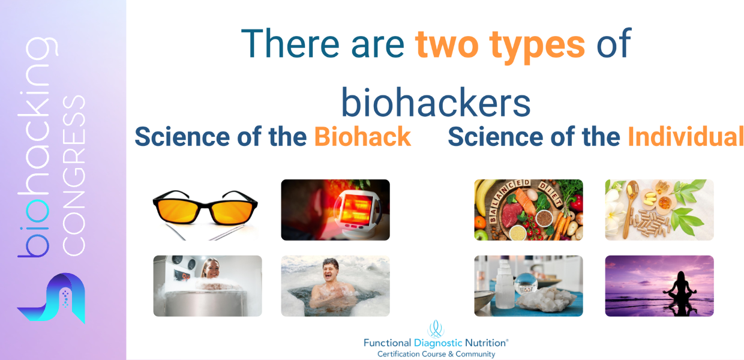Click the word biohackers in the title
[436, 102]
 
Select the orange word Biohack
[362, 137]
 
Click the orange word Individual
[686, 137]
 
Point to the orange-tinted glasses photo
[205, 211]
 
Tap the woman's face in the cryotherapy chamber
[211, 269]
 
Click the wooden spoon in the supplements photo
[629, 206]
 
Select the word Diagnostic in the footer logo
[438, 343]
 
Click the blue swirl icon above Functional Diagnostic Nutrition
[436, 329]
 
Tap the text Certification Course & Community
[436, 354]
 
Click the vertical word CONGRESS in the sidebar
[74, 175]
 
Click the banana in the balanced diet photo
[482, 199]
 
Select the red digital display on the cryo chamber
[182, 275]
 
